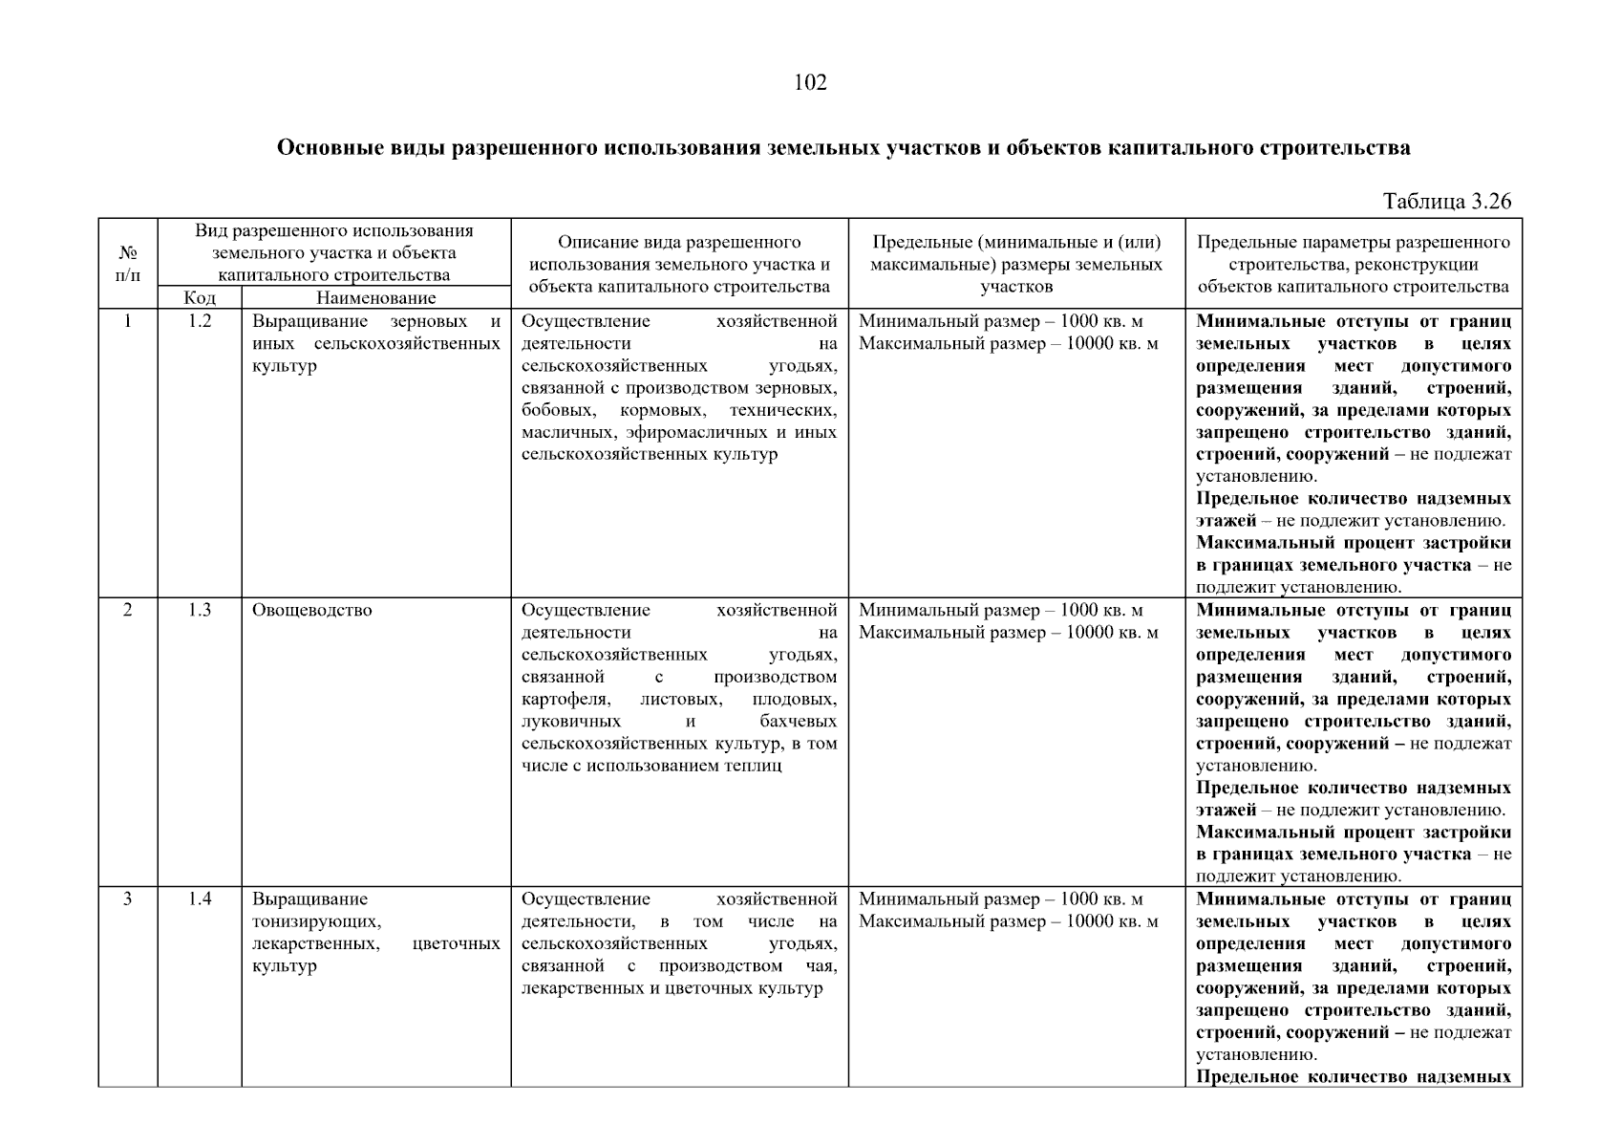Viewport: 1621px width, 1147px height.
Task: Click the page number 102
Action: (810, 82)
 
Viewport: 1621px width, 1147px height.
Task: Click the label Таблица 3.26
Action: (1447, 201)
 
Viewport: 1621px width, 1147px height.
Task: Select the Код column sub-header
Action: (199, 298)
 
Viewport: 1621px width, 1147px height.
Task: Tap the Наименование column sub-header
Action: (375, 298)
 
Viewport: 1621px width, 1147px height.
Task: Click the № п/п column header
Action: (128, 264)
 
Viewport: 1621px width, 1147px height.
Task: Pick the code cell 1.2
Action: (199, 321)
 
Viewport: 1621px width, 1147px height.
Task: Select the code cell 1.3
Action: (199, 610)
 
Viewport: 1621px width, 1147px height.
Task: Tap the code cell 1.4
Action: (199, 898)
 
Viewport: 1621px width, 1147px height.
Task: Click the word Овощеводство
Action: (311, 610)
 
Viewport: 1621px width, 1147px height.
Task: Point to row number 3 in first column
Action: (128, 898)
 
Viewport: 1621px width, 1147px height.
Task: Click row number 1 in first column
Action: (128, 321)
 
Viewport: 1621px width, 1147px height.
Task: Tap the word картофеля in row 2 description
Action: (565, 700)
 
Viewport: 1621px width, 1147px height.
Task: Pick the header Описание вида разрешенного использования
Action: (679, 243)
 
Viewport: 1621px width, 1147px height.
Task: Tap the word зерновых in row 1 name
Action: (429, 321)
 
